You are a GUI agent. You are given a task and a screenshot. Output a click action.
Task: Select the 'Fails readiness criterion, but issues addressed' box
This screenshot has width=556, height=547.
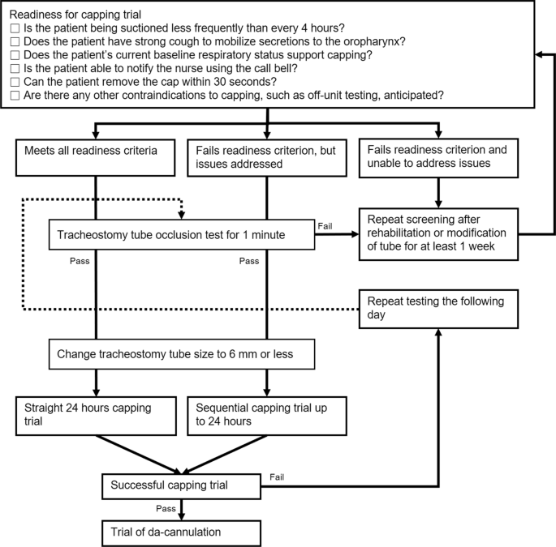pos(268,157)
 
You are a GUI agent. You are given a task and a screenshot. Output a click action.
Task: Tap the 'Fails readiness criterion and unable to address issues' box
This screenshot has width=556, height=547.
pos(439,157)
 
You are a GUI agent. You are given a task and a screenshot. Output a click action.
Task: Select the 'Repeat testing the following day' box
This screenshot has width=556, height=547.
pos(439,309)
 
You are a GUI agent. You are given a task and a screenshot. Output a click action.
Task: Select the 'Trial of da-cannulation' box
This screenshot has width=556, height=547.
pos(180,532)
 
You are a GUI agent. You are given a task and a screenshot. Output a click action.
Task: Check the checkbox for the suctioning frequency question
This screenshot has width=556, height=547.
pos(15,28)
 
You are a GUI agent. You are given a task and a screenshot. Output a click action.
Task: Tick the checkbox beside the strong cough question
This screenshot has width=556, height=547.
pos(15,41)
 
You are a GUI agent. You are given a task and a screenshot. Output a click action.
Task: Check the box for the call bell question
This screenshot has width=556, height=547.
pos(15,69)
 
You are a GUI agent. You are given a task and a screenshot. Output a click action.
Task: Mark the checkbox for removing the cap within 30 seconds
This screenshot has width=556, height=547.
pos(15,83)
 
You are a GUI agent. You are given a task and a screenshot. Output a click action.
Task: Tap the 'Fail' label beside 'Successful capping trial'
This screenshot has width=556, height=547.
pos(277,477)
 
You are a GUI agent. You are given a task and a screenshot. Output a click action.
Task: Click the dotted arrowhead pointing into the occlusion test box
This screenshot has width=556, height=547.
pos(181,216)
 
